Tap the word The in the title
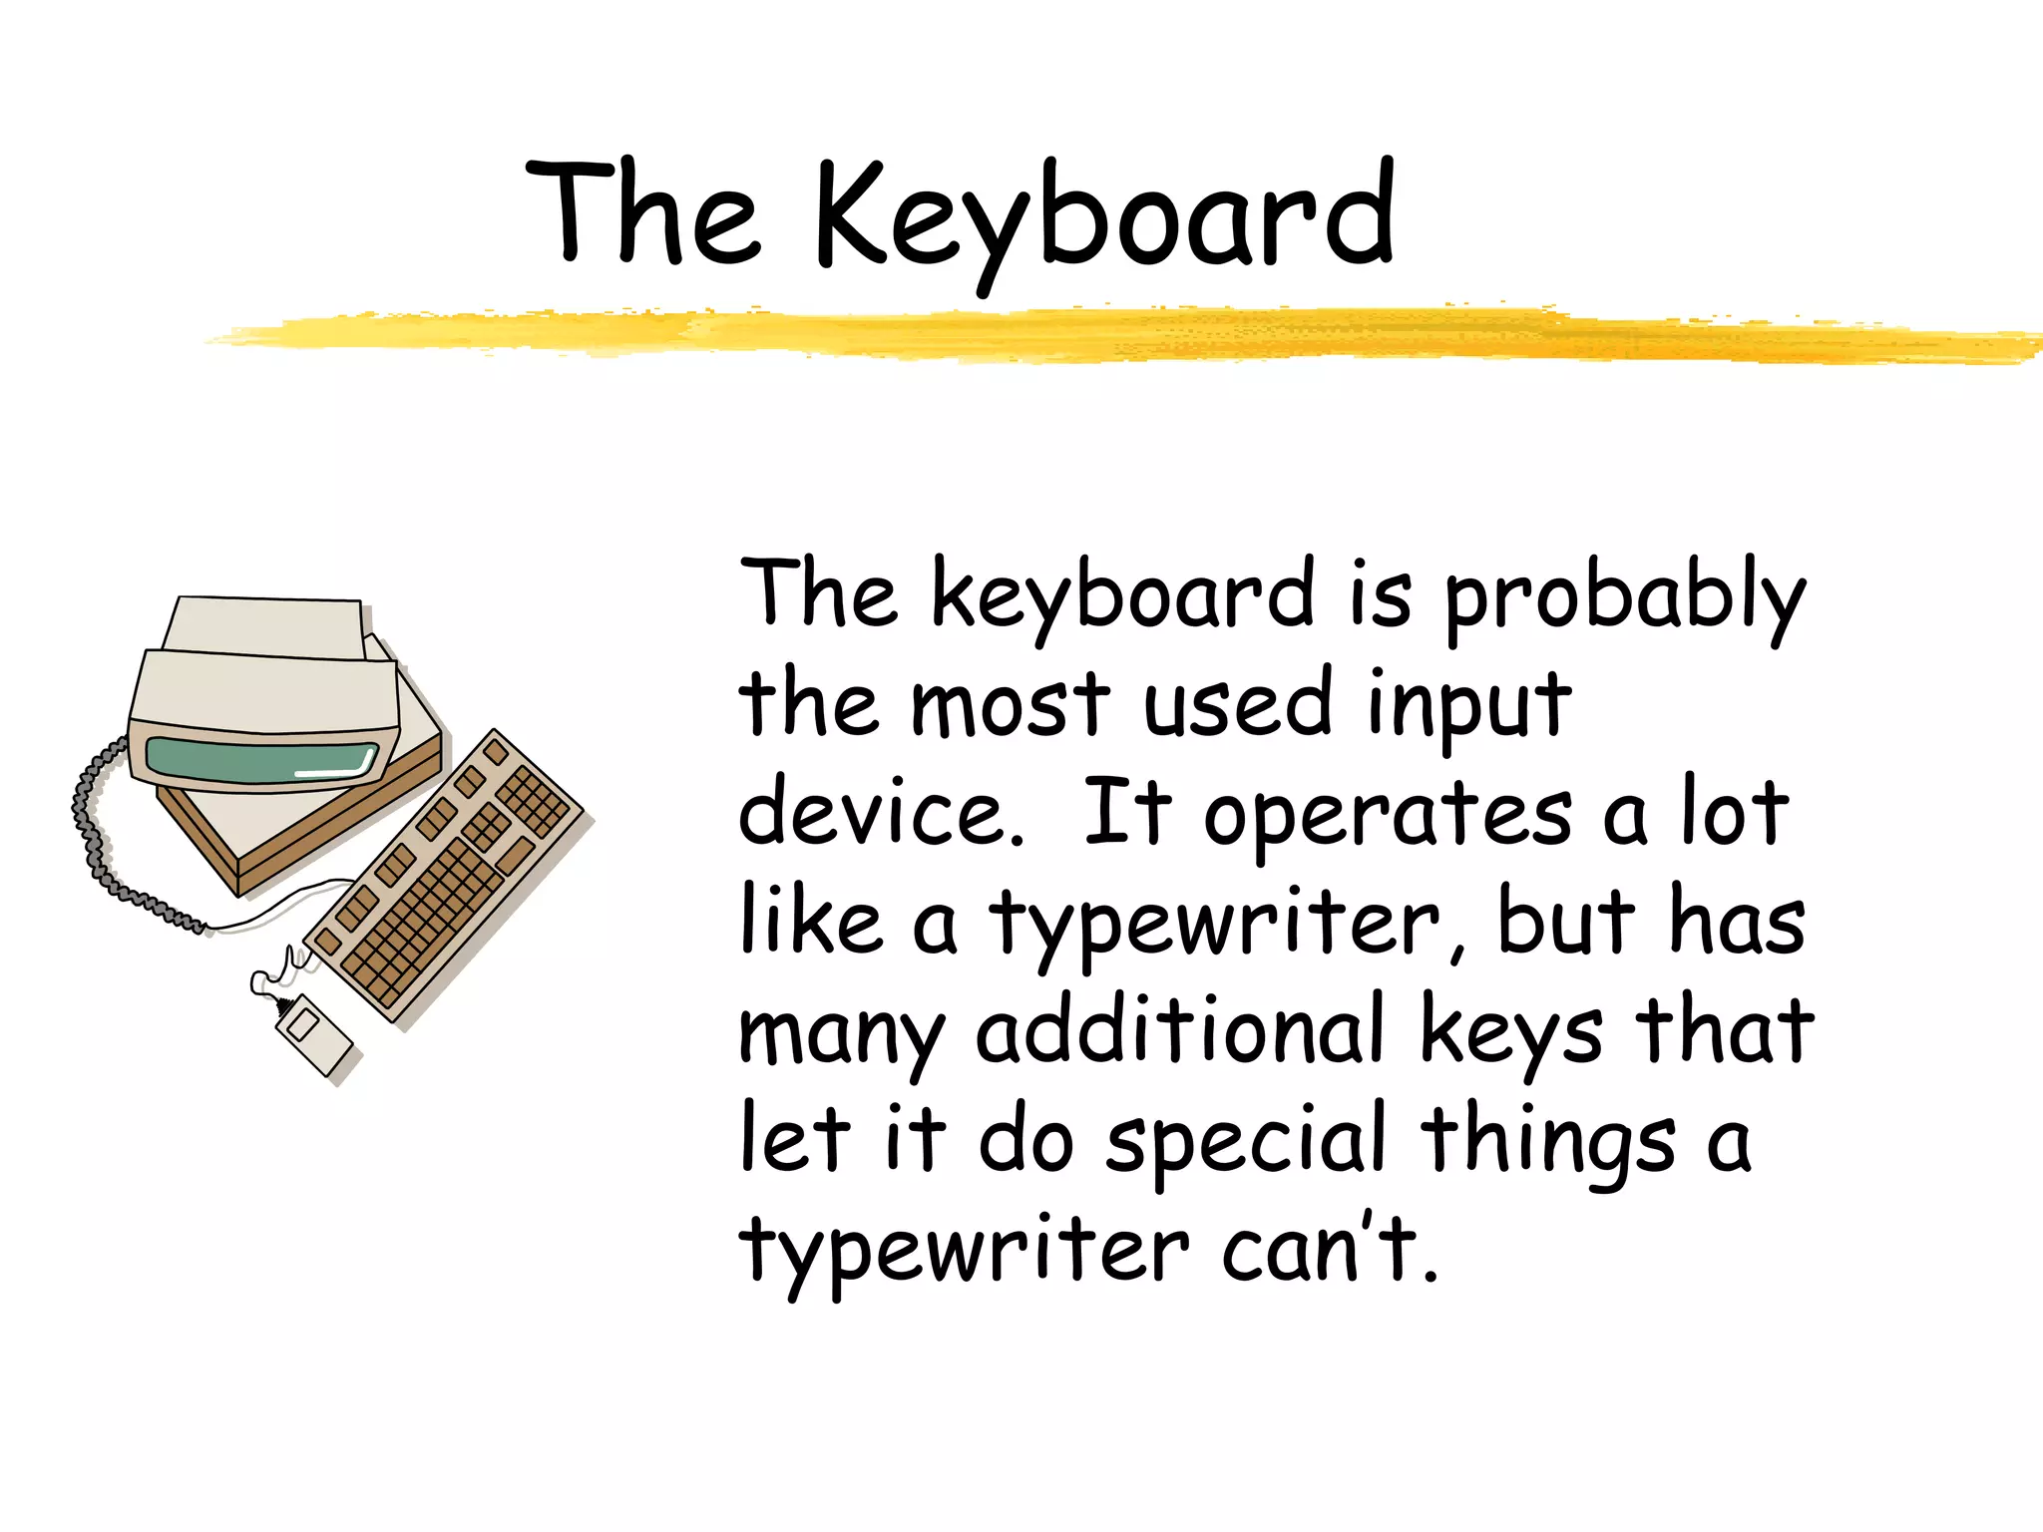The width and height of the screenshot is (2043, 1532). click(x=643, y=213)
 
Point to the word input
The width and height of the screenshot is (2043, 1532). click(x=1468, y=706)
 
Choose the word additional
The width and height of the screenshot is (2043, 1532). click(x=1180, y=1030)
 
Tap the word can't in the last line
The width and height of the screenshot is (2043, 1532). click(x=1330, y=1249)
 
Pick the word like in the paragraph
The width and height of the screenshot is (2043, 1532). click(x=811, y=923)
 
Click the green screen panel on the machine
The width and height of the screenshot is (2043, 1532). click(x=261, y=760)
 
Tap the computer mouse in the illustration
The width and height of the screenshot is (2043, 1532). click(x=313, y=1034)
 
